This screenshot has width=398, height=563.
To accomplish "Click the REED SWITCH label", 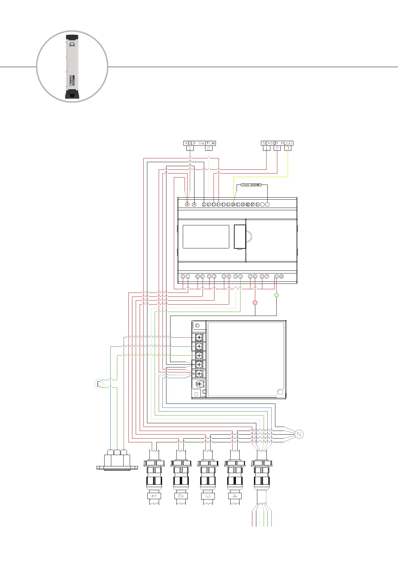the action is tap(200, 143).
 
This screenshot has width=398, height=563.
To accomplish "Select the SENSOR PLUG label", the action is tap(277, 143).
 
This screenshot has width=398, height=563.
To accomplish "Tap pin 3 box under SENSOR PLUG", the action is tap(288, 148).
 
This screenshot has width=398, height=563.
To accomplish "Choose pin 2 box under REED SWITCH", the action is tap(209, 148).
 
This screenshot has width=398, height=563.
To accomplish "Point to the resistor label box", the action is tap(251, 185).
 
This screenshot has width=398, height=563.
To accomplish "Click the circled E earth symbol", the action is tap(98, 384).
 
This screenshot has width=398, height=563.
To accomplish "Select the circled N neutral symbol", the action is tap(299, 434).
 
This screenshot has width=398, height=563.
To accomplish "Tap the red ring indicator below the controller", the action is tap(255, 303).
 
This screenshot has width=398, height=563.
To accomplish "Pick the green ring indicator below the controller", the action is tap(276, 295).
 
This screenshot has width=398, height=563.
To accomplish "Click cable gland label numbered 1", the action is tap(154, 496).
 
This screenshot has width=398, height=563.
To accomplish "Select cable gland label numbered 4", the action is tap(235, 496).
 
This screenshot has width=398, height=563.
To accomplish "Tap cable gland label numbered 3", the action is tap(208, 496).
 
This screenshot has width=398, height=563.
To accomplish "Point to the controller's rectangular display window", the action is tap(206, 236).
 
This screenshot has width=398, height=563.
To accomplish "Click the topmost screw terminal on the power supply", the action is tap(199, 337).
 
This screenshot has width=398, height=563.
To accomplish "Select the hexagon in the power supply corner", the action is tap(280, 392).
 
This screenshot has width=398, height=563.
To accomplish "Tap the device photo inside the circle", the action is tap(72, 67).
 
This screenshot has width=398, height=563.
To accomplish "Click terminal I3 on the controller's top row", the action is tap(214, 205).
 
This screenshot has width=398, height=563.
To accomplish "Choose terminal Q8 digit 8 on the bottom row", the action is tap(281, 276).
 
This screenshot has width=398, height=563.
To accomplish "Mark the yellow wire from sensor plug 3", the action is tap(261, 177).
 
